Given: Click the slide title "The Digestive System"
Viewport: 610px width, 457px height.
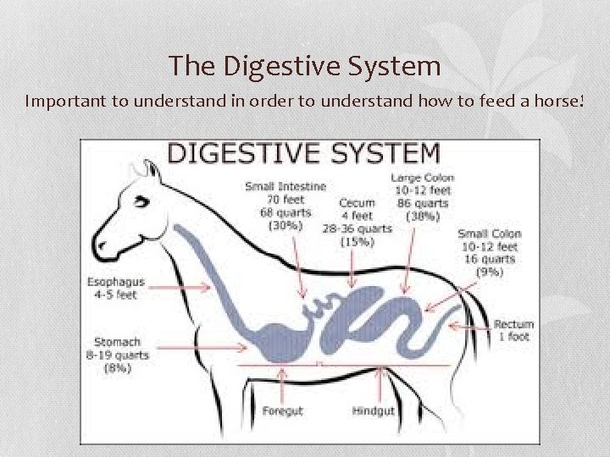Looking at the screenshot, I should (304, 65).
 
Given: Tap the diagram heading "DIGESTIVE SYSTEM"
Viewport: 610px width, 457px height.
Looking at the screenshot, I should (304, 153).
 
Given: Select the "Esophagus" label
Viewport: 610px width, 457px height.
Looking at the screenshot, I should (116, 282).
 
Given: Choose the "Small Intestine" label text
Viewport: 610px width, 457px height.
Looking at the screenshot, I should (286, 186).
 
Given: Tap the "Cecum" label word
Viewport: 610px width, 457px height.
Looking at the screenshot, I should (357, 203).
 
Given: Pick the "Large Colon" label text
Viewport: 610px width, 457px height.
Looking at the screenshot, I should (423, 178).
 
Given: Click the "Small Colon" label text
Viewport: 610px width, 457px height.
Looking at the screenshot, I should (490, 234).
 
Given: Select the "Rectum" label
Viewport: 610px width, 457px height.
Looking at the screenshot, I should (513, 324).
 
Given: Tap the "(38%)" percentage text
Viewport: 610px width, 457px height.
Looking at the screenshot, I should (423, 216).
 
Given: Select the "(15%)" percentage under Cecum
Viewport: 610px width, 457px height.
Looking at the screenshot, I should (357, 241).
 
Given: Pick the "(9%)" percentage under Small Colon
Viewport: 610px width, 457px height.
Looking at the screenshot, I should (490, 272).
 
